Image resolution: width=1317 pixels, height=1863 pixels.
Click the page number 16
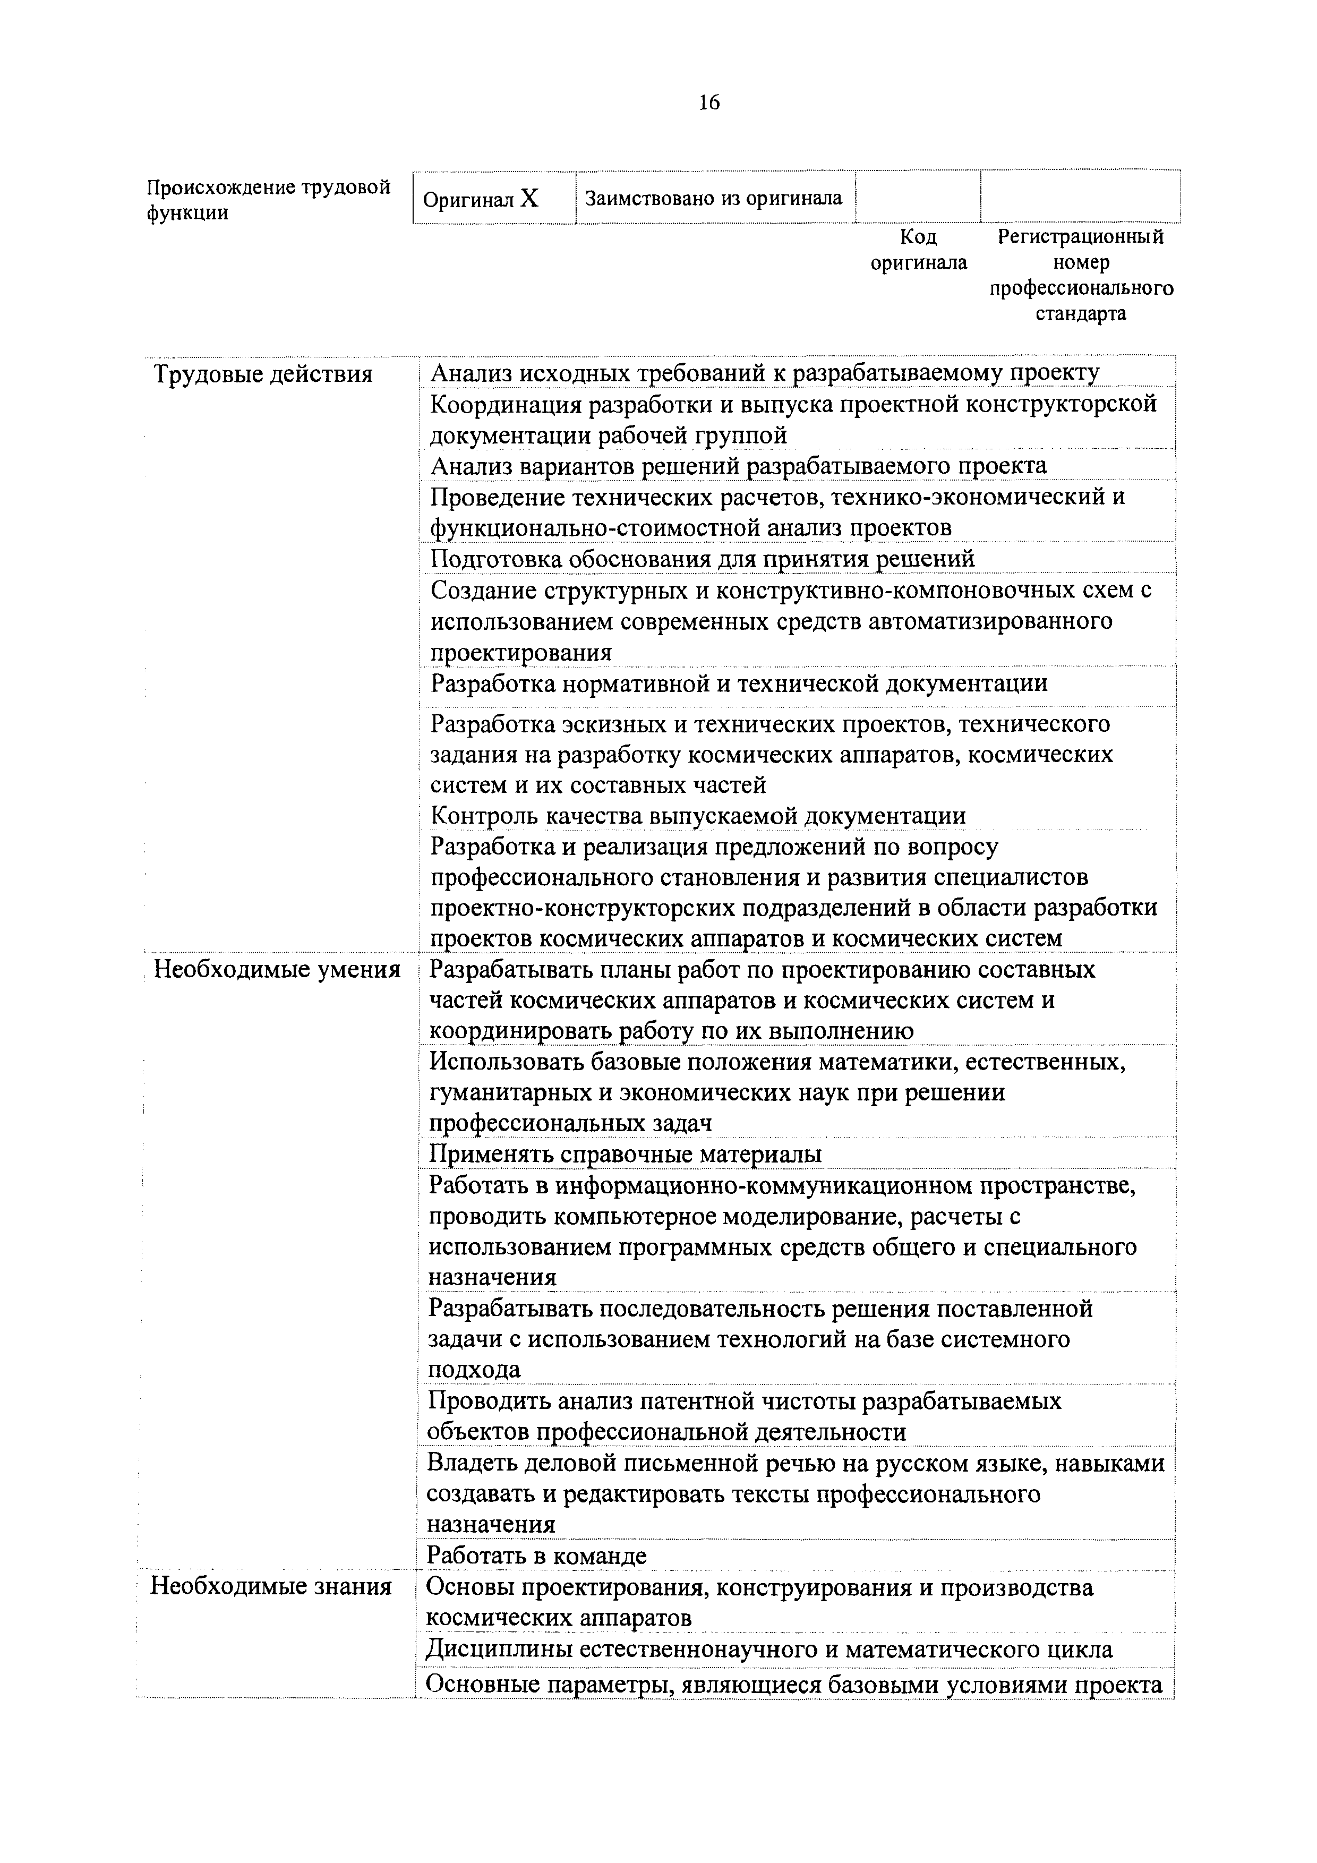point(707,102)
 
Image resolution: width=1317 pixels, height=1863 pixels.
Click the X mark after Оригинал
point(529,199)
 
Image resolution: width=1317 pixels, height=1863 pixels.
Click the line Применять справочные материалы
point(625,1154)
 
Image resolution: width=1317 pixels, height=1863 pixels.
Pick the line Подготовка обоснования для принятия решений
point(702,559)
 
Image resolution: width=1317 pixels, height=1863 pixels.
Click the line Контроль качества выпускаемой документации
point(697,816)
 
